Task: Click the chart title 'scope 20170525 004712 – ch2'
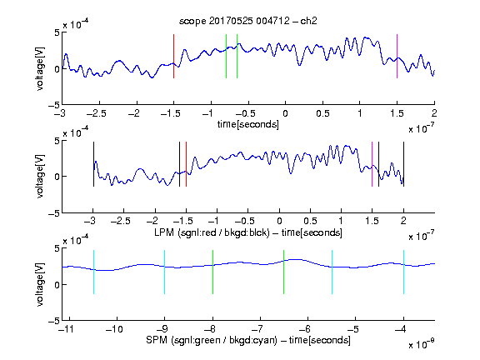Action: click(x=248, y=21)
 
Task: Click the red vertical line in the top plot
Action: click(x=174, y=57)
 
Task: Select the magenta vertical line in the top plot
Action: click(x=397, y=57)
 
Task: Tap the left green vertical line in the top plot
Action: click(x=226, y=57)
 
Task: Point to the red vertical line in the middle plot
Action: click(x=186, y=164)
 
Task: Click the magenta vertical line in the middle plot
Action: click(x=372, y=164)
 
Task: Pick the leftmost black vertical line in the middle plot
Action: click(x=93, y=164)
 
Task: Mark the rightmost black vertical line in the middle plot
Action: click(x=403, y=164)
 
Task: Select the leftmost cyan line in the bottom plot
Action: click(x=93, y=272)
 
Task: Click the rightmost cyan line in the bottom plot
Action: click(x=403, y=272)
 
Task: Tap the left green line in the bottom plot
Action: click(x=212, y=272)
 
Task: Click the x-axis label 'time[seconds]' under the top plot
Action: click(x=248, y=125)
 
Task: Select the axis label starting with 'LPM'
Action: click(x=248, y=232)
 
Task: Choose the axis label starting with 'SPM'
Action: click(x=248, y=340)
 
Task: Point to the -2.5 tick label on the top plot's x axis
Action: click(x=97, y=113)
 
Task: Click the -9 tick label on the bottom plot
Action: click(x=162, y=329)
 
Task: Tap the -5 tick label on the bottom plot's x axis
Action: click(x=352, y=329)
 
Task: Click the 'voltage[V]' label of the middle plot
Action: click(x=40, y=177)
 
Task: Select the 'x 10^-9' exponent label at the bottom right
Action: click(x=421, y=344)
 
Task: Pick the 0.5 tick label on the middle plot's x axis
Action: click(x=310, y=221)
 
